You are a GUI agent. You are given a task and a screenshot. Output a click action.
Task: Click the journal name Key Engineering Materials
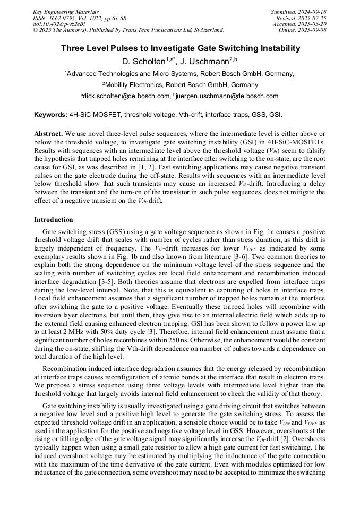pyautogui.click(x=65, y=12)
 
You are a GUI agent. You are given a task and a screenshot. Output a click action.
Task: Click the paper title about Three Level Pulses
pyautogui.click(x=180, y=48)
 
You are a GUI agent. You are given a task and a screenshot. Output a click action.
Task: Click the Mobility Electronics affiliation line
pyautogui.click(x=180, y=84)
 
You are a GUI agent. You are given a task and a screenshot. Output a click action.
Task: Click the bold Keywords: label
pyautogui.click(x=50, y=115)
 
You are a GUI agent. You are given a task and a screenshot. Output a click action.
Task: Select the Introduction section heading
pyautogui.click(x=53, y=219)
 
